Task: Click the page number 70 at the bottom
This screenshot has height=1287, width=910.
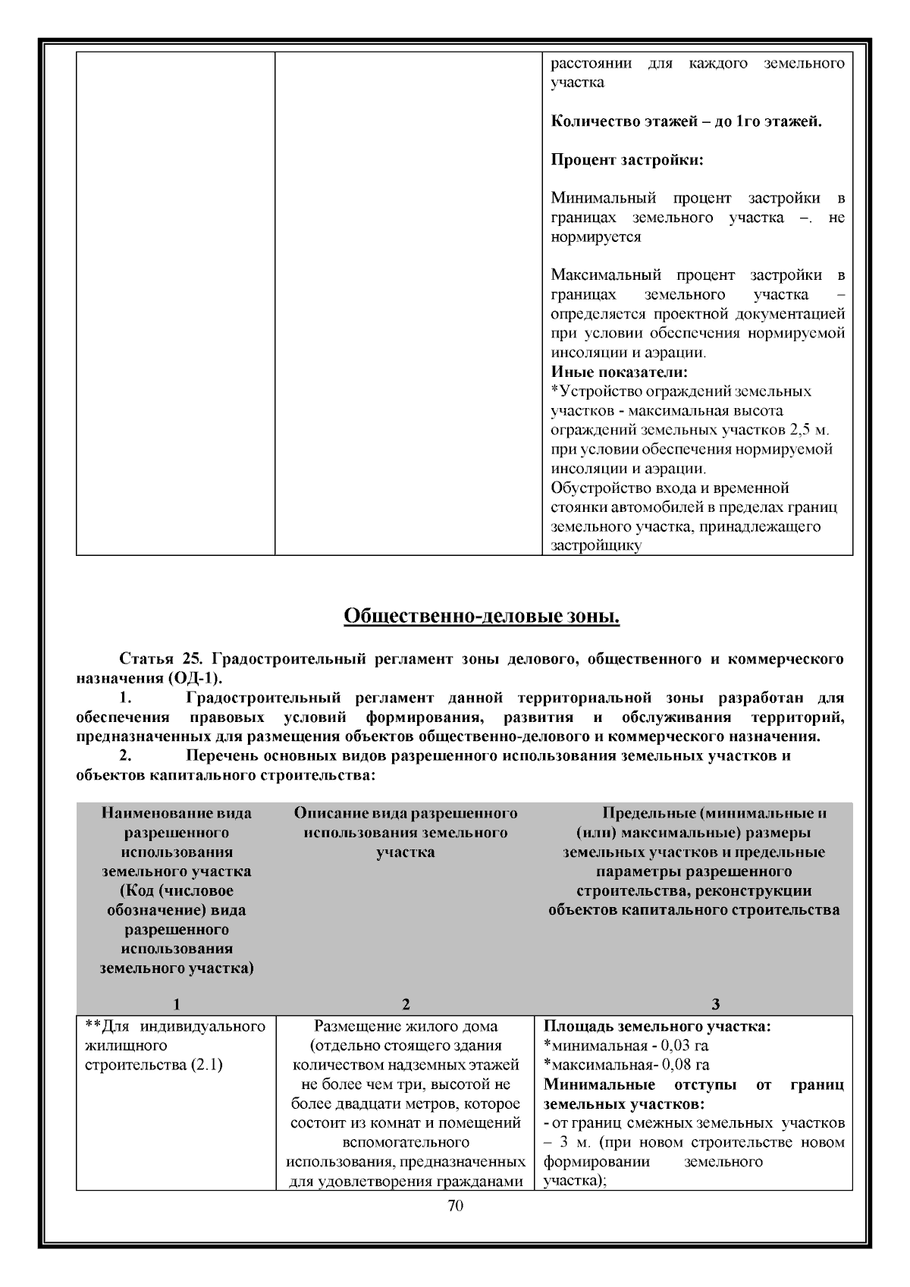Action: (x=455, y=1206)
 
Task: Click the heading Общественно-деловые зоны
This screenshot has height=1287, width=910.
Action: (x=482, y=617)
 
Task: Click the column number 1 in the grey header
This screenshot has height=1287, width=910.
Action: (x=176, y=1005)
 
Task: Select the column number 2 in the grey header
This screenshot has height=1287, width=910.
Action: (x=406, y=1005)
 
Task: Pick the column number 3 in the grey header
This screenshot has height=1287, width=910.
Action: (x=715, y=1005)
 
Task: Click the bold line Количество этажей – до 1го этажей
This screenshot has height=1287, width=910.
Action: (x=686, y=121)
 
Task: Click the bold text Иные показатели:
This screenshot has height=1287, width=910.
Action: (x=619, y=372)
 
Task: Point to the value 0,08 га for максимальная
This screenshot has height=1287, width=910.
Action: (x=686, y=1065)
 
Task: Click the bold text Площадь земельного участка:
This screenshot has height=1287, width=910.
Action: (x=657, y=1027)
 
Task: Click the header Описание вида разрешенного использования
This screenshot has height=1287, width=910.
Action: (x=406, y=823)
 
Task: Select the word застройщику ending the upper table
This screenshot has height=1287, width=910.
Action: (x=596, y=546)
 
